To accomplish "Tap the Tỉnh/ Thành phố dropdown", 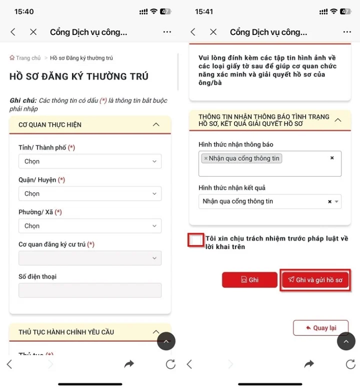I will (x=90, y=161).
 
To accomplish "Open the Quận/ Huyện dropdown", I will (x=90, y=194).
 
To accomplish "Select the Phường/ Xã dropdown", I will (x=90, y=226).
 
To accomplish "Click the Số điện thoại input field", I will (x=90, y=290).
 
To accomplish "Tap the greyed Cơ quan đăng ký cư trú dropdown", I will (x=90, y=258).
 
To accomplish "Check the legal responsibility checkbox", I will (x=196, y=240).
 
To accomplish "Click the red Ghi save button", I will (x=249, y=280).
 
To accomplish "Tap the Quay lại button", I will (x=321, y=328).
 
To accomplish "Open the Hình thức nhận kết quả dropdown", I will (x=269, y=201).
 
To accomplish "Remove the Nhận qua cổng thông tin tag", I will (x=206, y=159).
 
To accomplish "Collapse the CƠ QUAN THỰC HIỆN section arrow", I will (x=156, y=124).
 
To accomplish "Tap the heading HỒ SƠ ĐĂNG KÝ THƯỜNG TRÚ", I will (x=79, y=77).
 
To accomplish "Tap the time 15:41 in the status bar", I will (x=204, y=11).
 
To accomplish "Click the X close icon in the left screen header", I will (x=33, y=32).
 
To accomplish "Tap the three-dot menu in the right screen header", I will (x=347, y=32).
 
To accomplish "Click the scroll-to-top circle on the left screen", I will (x=166, y=341).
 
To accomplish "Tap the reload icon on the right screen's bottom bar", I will (x=350, y=364).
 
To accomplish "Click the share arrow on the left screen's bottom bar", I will (x=129, y=364).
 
